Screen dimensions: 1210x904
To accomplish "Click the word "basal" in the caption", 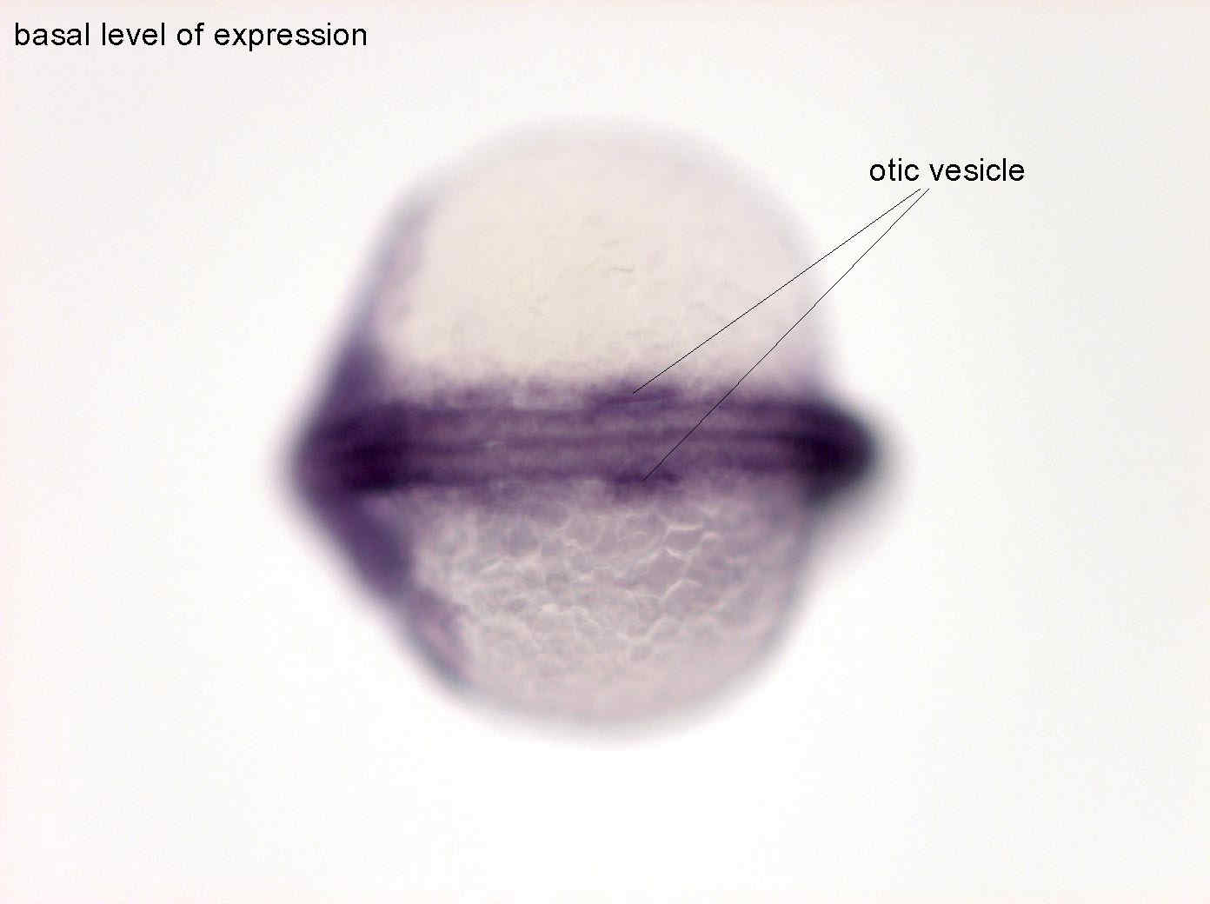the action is coord(52,36).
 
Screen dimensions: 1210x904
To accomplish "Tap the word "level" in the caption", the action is coord(133,36).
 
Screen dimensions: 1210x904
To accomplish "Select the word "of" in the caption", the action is coord(189,36).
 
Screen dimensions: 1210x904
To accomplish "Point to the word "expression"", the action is coord(290,37).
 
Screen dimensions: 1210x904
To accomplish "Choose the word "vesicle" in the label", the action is coord(977,171).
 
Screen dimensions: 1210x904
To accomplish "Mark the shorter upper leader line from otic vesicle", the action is coord(777,291).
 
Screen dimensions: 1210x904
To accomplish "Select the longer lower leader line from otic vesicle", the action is coord(786,335).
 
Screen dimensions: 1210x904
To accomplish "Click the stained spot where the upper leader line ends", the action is coord(634,394).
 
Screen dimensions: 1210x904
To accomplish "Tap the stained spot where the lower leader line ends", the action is coord(642,477).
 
